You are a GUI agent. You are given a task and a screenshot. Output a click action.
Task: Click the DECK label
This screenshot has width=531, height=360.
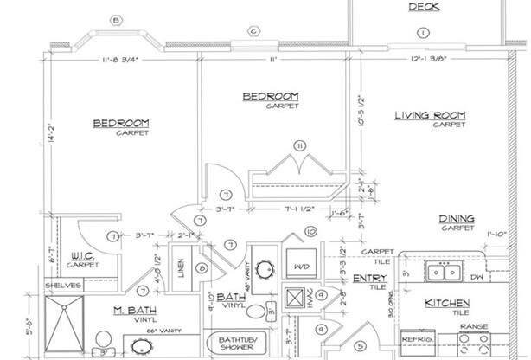pyautogui.click(x=424, y=8)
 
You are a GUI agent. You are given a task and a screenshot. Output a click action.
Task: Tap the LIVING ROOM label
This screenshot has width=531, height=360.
pyautogui.click(x=431, y=116)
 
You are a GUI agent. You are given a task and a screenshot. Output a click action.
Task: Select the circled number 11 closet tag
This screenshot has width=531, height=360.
pyautogui.click(x=300, y=145)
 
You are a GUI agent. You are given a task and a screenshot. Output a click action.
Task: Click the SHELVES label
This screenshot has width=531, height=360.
pyautogui.click(x=64, y=284)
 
